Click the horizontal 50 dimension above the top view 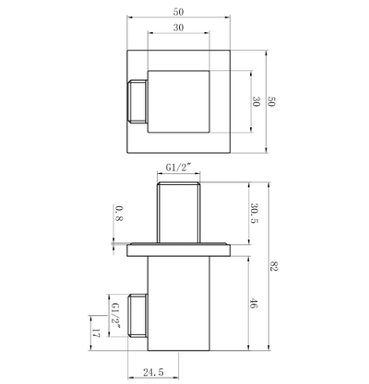[x=178, y=12]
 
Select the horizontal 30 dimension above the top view [x=178, y=28]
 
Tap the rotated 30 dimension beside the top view [x=256, y=101]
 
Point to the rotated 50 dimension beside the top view [x=271, y=101]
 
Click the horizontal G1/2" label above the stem [x=178, y=168]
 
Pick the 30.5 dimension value [x=254, y=214]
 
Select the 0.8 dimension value [x=119, y=214]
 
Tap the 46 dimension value [x=254, y=303]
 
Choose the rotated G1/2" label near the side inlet [x=115, y=315]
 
